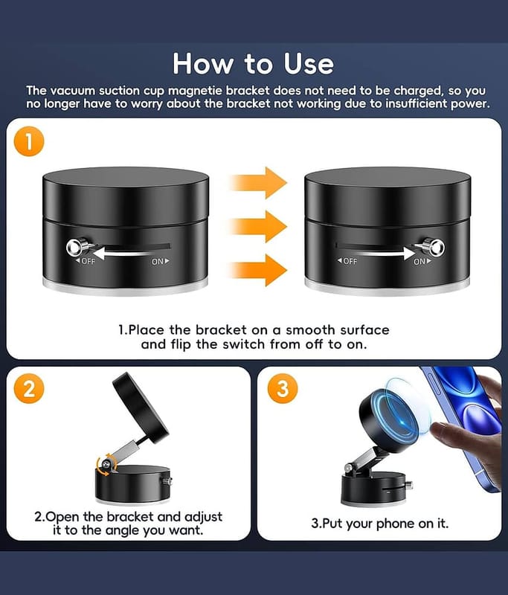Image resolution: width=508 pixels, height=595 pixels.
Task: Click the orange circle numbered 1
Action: tap(29, 142)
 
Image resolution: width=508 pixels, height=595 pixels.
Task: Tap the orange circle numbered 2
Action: tap(29, 389)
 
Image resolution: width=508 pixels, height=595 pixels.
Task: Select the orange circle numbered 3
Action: tap(283, 389)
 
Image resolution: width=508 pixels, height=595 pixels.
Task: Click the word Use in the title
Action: tap(309, 63)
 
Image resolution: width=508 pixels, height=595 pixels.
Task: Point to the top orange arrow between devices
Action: tap(258, 182)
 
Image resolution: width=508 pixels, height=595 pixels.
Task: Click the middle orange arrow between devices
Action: tap(258, 227)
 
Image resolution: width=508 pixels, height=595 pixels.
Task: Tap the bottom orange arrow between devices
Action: tap(258, 270)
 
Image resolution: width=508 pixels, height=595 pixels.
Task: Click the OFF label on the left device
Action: tap(86, 262)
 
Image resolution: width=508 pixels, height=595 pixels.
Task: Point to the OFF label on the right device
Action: tap(347, 262)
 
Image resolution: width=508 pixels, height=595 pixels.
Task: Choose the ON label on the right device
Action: tap(422, 262)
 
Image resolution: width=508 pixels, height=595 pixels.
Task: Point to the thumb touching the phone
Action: tap(447, 430)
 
